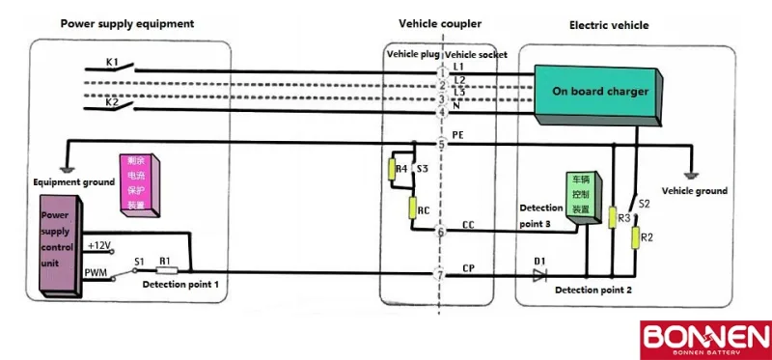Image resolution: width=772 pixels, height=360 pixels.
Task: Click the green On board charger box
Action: (599, 92)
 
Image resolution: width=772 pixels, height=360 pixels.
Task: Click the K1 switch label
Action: (112, 63)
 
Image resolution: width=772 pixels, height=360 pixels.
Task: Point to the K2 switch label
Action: (112, 101)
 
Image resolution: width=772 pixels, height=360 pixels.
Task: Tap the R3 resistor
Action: (612, 219)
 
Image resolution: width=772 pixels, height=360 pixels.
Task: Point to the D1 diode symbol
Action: (538, 274)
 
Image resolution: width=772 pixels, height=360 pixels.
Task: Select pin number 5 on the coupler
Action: (441, 145)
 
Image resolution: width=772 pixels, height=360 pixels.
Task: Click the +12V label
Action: (99, 246)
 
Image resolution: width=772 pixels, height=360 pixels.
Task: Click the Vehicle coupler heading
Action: (439, 22)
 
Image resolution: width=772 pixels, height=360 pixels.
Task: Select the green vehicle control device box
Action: (583, 198)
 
